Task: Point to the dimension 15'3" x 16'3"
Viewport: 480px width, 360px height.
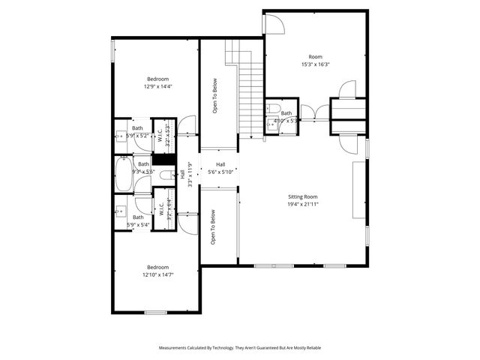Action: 316,64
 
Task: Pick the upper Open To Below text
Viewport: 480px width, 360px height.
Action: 214,96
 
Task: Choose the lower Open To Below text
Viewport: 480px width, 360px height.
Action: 214,228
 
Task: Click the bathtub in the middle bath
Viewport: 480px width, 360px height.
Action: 124,173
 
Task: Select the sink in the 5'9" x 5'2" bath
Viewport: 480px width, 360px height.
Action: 121,136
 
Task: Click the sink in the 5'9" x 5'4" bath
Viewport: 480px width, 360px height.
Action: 121,211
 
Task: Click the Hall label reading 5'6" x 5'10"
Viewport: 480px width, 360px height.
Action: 220,169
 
